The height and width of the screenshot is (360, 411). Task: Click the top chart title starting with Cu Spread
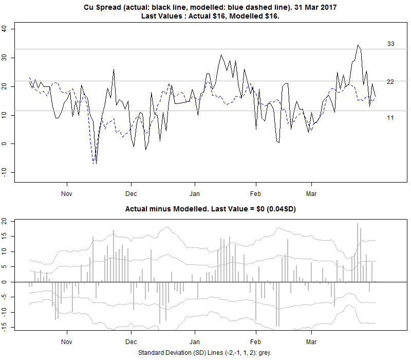211,8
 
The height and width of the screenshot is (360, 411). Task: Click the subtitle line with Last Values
211,16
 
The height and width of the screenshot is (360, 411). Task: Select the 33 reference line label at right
390,44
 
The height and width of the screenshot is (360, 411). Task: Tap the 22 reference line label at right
390,82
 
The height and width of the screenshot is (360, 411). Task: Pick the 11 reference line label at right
390,118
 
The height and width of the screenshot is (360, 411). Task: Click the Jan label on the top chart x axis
195,194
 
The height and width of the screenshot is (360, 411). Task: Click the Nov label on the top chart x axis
66,194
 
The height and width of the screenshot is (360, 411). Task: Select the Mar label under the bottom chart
311,341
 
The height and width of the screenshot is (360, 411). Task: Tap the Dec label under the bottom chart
131,341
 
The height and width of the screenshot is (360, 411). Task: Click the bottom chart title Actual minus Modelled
211,210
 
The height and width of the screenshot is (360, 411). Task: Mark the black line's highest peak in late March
358,45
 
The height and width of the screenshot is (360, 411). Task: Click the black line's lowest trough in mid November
96,164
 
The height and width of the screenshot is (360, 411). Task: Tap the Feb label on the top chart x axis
255,194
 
